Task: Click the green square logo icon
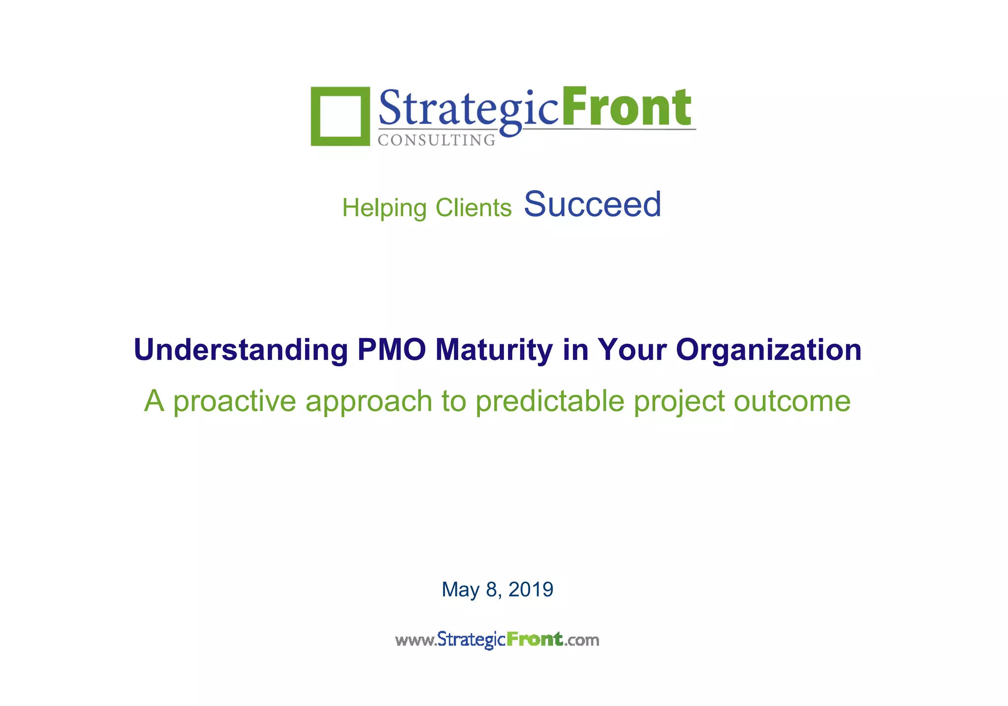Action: tap(340, 116)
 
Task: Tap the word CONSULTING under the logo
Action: tap(437, 140)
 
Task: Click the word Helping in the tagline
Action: tap(384, 208)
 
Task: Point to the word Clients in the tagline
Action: tap(473, 208)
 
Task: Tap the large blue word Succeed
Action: tap(593, 204)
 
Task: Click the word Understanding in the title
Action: tap(241, 350)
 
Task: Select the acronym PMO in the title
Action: tap(391, 350)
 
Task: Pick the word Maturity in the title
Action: tap(494, 350)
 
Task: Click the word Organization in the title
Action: tap(768, 350)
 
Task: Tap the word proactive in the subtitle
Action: tap(234, 401)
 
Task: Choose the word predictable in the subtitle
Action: tap(550, 401)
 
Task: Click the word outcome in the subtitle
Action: tap(792, 401)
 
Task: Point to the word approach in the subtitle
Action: tap(369, 402)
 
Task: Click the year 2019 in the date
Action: tap(531, 589)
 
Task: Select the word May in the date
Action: tap(460, 590)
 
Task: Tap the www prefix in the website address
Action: tap(415, 640)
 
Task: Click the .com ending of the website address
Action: tap(582, 640)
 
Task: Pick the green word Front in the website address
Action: tap(535, 639)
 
